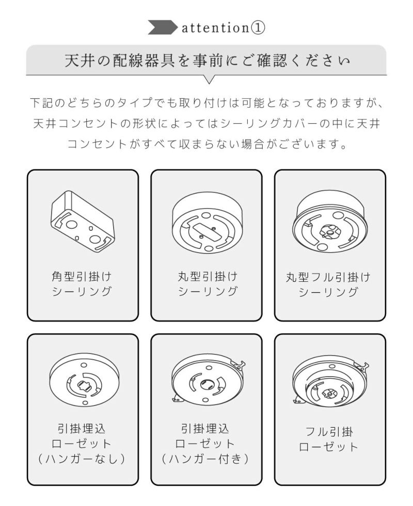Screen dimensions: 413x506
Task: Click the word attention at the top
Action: (215, 28)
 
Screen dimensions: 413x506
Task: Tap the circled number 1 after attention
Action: (258, 28)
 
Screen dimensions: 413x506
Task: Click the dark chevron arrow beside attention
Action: (163, 27)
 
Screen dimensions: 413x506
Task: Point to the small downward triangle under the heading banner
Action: (209, 79)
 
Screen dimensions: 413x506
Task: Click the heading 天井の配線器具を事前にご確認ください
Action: (207, 61)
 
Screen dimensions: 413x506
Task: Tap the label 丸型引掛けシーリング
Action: (208, 284)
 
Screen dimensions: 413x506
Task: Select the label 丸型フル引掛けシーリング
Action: (328, 284)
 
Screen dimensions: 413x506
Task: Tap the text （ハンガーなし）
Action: (82, 459)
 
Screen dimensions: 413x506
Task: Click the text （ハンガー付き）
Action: (205, 459)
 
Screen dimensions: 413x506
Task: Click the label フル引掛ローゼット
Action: (328, 440)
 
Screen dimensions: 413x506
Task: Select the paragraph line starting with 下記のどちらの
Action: (207, 103)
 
